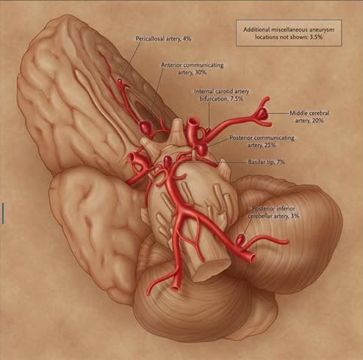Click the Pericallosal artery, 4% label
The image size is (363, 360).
click(x=163, y=39)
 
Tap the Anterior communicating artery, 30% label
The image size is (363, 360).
click(x=193, y=69)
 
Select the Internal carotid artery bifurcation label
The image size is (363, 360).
click(x=222, y=95)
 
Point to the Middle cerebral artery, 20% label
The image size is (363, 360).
click(x=309, y=117)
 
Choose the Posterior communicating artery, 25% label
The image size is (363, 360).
click(x=262, y=141)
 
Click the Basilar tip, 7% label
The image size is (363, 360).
click(x=267, y=162)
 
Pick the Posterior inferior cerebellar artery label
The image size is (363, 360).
click(x=273, y=212)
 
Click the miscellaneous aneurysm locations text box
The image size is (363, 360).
click(x=289, y=33)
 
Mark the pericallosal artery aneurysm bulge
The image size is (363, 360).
click(x=120, y=81)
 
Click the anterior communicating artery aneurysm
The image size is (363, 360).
click(x=145, y=127)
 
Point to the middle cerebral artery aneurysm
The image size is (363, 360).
click(x=262, y=113)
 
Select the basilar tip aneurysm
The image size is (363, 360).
click(x=168, y=161)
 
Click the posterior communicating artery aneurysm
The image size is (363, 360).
click(x=203, y=149)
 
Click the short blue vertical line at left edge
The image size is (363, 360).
click(x=3, y=213)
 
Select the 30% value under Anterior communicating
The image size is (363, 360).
click(x=201, y=73)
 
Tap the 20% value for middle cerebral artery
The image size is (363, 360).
click(x=317, y=120)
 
